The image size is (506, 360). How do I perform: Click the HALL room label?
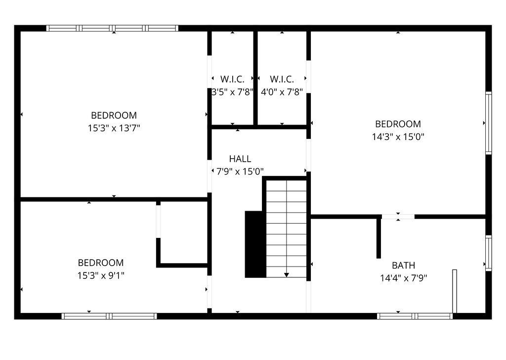(x=240, y=159)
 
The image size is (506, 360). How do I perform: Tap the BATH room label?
(x=403, y=265)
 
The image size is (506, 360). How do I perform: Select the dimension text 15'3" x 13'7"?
(x=114, y=128)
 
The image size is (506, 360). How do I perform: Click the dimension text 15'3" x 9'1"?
(x=101, y=275)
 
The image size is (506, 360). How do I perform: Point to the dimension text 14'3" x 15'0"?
(x=398, y=136)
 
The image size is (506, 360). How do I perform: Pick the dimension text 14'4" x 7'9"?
(x=403, y=278)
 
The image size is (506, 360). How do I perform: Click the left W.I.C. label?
(x=232, y=79)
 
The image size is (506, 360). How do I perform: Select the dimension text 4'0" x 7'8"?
(x=282, y=91)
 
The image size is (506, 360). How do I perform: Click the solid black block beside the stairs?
(x=255, y=244)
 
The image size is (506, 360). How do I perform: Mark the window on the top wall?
(x=112, y=28)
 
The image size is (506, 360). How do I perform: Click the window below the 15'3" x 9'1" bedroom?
(x=109, y=316)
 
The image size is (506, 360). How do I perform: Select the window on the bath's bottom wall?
(x=415, y=316)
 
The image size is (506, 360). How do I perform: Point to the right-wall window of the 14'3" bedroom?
(x=488, y=123)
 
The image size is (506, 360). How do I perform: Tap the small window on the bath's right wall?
(x=488, y=253)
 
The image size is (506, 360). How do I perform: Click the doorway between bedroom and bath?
(x=398, y=217)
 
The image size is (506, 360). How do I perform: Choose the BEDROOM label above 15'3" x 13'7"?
(x=114, y=115)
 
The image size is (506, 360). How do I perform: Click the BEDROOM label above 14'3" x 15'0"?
(x=398, y=124)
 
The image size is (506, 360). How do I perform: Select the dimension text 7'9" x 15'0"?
(x=240, y=172)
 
